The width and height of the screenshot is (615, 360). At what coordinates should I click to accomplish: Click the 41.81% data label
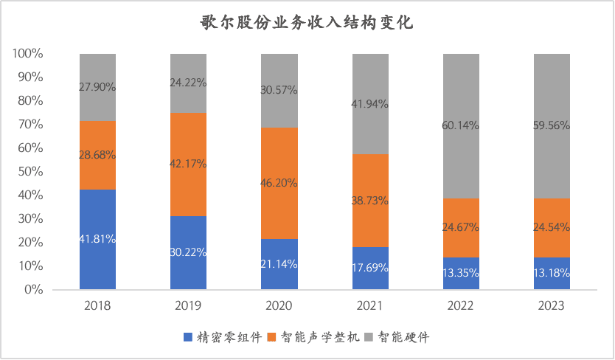[x=97, y=239]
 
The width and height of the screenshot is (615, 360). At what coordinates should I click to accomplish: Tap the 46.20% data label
[x=279, y=182]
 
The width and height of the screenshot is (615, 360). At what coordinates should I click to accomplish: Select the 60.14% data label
[x=461, y=125]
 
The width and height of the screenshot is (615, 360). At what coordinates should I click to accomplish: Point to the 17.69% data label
[x=370, y=268]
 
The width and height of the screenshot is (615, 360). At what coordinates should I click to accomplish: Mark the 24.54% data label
[x=552, y=227]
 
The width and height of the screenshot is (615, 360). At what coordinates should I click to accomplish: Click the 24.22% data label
[x=188, y=83]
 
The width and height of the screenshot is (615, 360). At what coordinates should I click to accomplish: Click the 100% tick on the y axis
[x=28, y=54]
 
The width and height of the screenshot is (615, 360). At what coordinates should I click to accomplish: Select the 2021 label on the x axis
[x=370, y=305]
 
